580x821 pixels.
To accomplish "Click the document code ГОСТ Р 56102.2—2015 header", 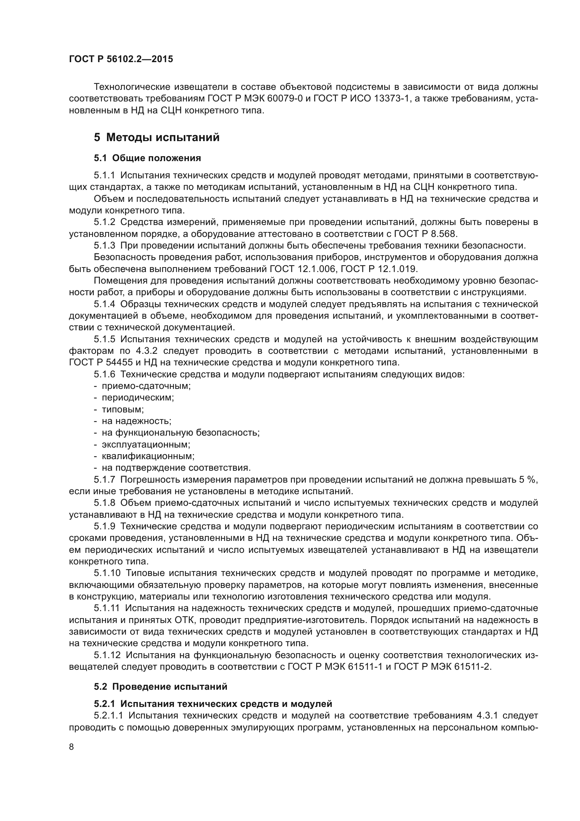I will tap(121, 59).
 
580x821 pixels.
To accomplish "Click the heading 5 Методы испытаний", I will tap(156, 137).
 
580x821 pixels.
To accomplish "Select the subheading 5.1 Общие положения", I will tap(147, 158).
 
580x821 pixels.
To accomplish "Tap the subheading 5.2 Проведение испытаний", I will tap(160, 687).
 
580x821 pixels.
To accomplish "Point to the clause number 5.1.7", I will tap(104, 480).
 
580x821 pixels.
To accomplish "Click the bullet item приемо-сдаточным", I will tap(146, 386).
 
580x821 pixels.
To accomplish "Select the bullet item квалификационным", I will tap(148, 456).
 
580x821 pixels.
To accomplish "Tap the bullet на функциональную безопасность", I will tap(180, 433).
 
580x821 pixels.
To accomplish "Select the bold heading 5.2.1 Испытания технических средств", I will tap(213, 704).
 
